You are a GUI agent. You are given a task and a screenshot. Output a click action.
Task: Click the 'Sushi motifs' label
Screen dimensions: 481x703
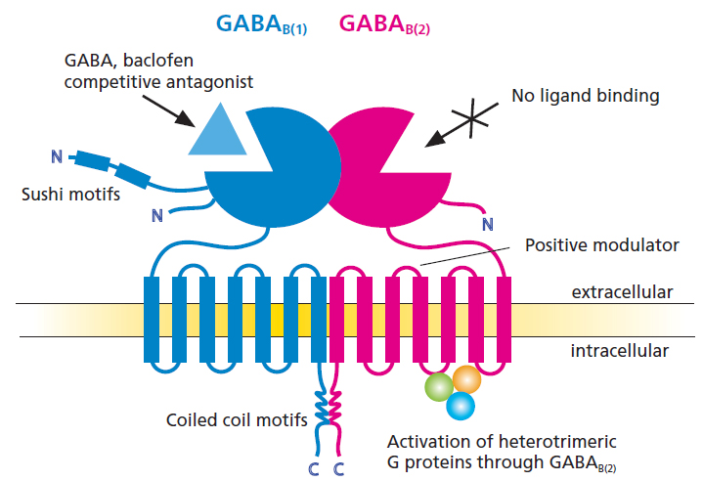click(x=71, y=194)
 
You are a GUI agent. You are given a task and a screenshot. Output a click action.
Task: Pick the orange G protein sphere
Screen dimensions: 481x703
click(x=466, y=378)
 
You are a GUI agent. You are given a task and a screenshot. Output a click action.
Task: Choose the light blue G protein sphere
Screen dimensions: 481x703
click(x=459, y=404)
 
